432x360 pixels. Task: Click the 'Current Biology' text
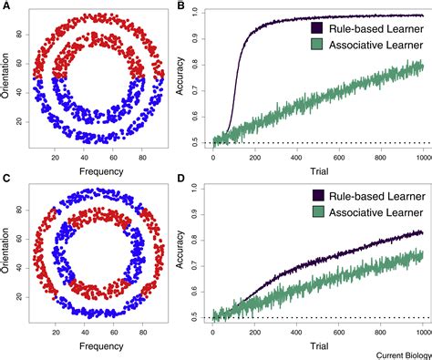[x=397, y=353]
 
